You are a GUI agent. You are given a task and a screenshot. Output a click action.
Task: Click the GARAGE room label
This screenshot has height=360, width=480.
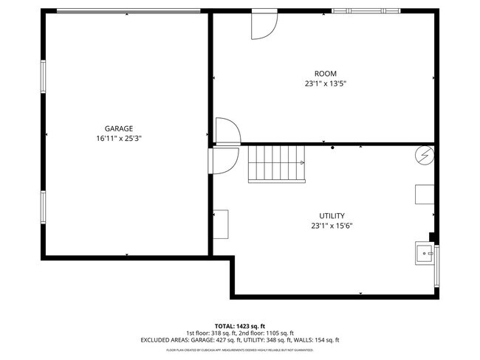118,128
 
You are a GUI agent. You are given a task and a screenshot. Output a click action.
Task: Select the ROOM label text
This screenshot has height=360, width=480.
325,73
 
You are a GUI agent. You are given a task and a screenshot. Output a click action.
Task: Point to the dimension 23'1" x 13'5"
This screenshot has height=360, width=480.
325,83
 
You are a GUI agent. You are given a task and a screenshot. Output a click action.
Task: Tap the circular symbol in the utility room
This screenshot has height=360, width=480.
424,156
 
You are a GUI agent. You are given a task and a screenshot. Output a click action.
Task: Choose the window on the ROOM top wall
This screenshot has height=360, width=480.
366,11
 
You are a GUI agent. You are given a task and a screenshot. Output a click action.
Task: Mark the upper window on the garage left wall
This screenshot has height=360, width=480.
43,77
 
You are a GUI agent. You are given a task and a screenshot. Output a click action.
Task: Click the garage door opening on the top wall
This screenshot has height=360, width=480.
127,11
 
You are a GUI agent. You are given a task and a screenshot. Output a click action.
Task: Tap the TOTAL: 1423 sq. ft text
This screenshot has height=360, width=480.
239,325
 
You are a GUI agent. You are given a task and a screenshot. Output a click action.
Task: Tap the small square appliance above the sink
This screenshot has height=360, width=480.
424,193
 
